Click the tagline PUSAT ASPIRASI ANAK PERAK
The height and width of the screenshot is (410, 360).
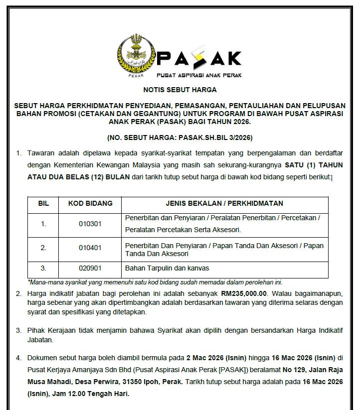pyautogui.click(x=199, y=75)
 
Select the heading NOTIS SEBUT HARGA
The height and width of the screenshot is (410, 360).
pyautogui.click(x=180, y=90)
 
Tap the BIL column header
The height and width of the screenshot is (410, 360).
pyautogui.click(x=44, y=203)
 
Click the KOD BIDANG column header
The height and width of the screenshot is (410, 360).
pyautogui.click(x=90, y=203)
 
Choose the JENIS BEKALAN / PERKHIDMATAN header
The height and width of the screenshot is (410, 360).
pyautogui.click(x=224, y=203)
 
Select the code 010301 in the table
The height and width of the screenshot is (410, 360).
pyautogui.click(x=90, y=224)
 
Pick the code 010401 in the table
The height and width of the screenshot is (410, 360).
pyautogui.click(x=90, y=248)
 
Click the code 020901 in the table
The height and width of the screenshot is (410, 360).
pyautogui.click(x=90, y=268)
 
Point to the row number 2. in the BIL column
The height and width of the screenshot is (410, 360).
pyautogui.click(x=44, y=248)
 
